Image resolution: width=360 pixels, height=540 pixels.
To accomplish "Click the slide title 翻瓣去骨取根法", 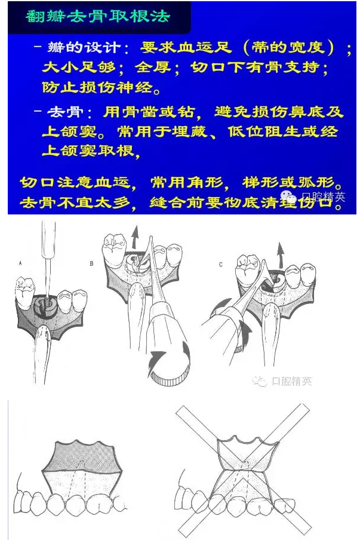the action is pos(98,16).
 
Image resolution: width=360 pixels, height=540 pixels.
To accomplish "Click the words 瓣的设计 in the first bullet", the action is pos(84,48).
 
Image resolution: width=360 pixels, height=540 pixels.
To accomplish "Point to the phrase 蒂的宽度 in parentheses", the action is pos(288,47).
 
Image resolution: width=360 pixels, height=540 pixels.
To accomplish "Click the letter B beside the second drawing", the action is pos(91,263).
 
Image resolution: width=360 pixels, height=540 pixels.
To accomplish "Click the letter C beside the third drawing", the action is pos(221,265).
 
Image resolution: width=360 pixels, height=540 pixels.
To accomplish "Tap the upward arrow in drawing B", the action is pos(136,237).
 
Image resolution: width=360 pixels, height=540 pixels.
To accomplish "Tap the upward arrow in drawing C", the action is pos(281,255).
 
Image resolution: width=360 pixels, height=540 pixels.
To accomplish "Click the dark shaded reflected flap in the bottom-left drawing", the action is pos(82,455).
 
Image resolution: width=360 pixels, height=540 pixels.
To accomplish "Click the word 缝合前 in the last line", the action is pos(177,202).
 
